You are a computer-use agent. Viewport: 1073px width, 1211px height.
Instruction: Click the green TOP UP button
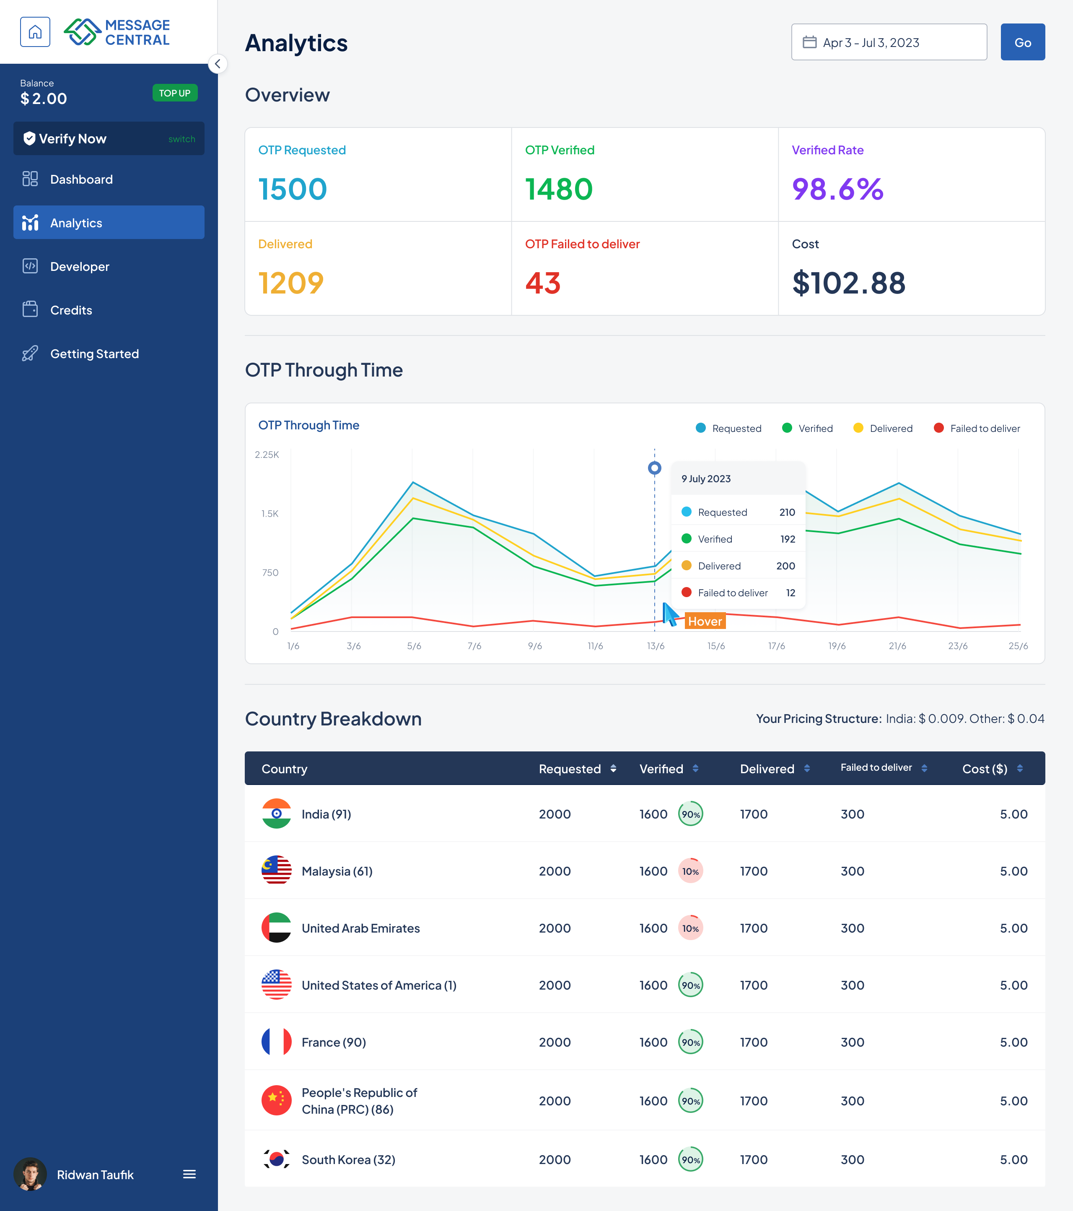175,93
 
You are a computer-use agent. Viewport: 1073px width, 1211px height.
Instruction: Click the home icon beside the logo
35,32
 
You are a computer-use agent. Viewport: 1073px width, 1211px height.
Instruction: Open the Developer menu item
79,267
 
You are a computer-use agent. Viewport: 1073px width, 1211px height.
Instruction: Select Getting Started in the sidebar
94,354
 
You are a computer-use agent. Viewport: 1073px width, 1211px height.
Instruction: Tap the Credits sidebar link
71,310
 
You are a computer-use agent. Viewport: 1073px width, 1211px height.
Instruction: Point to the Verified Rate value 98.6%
837,190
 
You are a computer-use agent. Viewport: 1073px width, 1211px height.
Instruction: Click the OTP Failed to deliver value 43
542,283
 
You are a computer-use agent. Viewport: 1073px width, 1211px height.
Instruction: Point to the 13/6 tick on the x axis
655,646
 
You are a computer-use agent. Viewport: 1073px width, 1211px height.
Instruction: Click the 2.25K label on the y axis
267,455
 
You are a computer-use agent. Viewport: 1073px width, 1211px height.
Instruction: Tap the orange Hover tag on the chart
705,621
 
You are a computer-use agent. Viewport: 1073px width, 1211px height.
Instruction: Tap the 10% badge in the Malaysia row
690,871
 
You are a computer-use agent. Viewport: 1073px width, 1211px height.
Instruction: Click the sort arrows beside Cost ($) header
1020,769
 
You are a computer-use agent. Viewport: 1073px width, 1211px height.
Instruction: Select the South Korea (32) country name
348,1159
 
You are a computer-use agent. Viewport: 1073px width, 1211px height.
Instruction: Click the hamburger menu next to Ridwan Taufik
189,1174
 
